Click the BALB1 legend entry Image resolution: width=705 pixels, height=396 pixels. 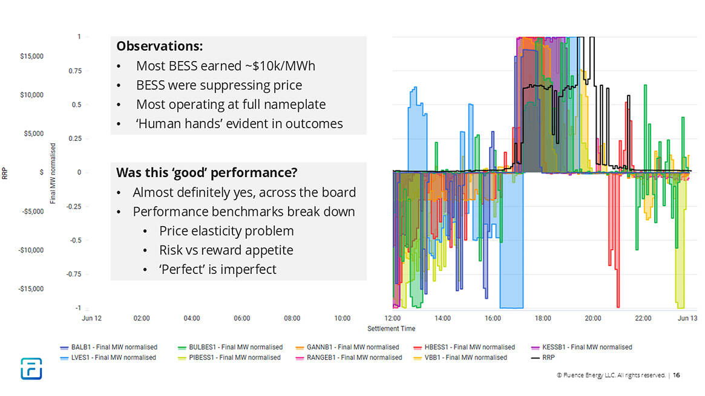(110, 347)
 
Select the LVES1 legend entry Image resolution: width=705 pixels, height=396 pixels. (109, 357)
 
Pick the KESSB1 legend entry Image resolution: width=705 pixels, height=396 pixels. (584, 347)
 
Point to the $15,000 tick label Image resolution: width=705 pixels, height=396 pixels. (31, 56)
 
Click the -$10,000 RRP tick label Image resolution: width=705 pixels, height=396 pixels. (30, 250)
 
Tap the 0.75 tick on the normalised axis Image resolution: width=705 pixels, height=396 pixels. (75, 71)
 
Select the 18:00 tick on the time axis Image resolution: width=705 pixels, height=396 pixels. (543, 318)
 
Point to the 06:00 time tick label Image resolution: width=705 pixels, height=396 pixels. (242, 318)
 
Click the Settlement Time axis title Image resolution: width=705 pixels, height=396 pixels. (392, 328)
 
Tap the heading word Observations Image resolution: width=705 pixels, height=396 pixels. (159, 47)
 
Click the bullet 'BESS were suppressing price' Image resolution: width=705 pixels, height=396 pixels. (218, 85)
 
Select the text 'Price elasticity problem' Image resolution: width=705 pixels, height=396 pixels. (226, 231)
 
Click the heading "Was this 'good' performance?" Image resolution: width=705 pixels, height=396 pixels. (206, 173)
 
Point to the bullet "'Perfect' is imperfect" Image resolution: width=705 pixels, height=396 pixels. (217, 270)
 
